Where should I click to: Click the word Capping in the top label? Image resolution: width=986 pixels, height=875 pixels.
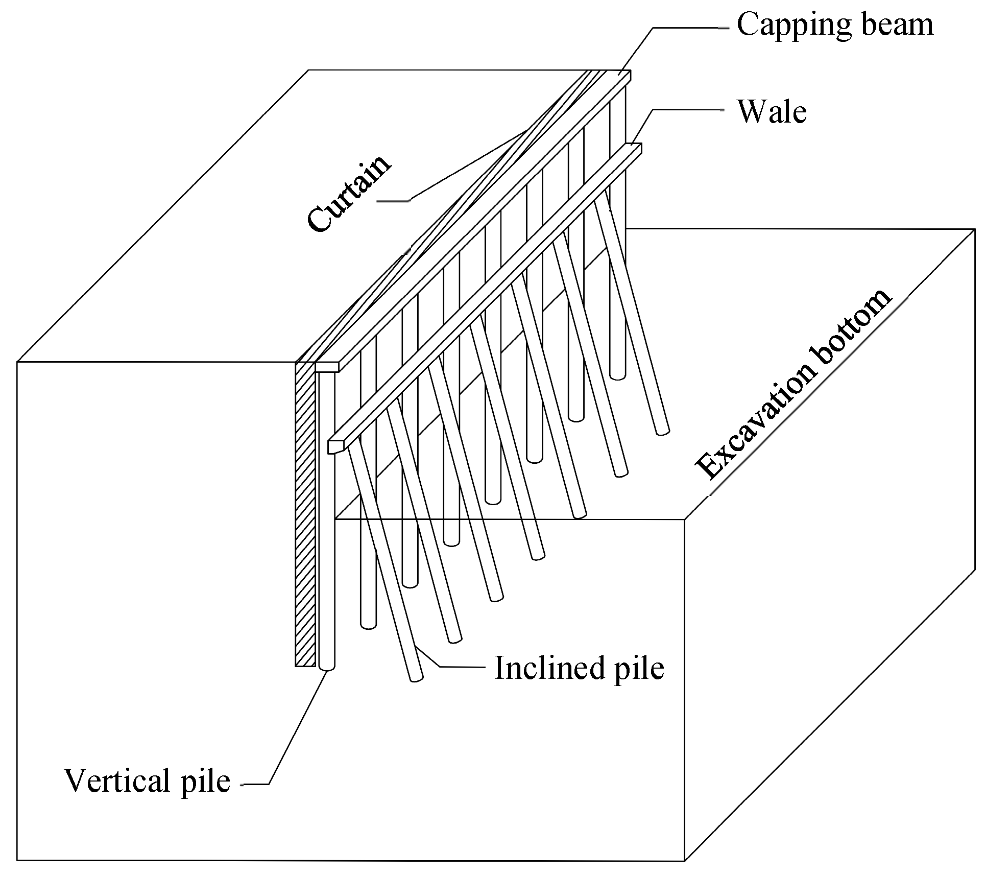coord(795,26)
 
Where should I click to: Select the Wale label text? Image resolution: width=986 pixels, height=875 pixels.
coord(772,112)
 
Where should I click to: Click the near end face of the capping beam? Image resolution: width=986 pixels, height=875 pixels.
coord(327,367)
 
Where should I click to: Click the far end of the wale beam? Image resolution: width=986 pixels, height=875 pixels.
coord(636,148)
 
